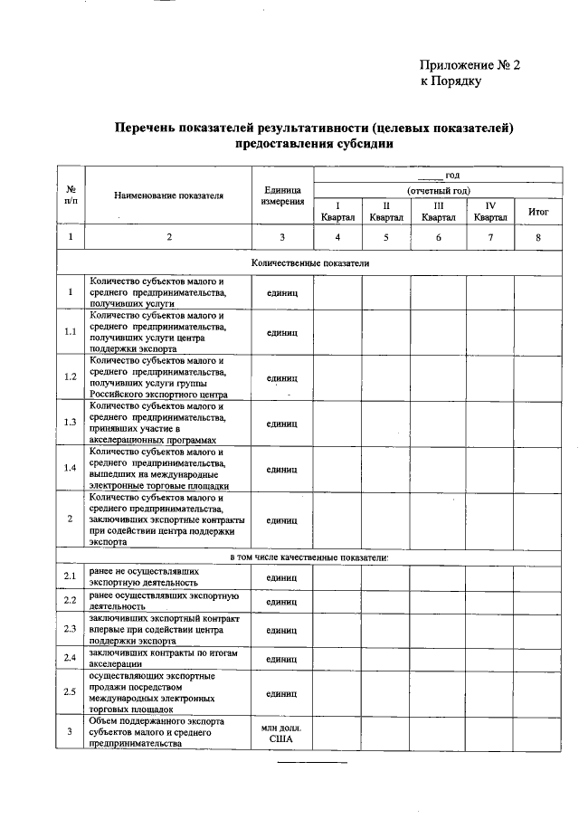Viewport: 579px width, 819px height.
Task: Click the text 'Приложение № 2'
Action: point(470,64)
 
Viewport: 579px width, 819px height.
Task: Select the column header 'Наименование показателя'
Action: point(168,195)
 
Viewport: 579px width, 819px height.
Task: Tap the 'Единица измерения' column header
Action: point(281,195)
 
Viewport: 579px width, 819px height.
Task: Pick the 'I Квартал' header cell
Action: point(337,211)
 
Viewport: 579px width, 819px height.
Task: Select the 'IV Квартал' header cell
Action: point(490,211)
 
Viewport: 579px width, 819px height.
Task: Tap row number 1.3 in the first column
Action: point(71,423)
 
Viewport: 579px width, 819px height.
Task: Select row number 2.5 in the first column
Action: point(71,692)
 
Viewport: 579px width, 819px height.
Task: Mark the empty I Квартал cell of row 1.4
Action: point(337,469)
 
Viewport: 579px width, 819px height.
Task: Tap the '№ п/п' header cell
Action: point(71,195)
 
